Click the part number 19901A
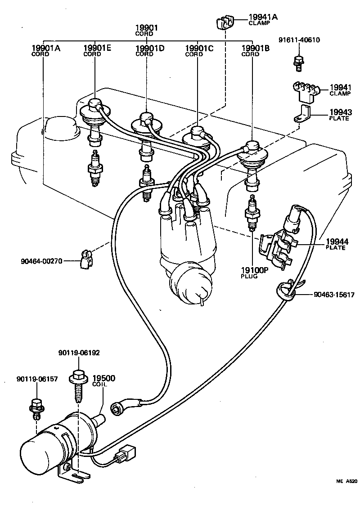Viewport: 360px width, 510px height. click(x=45, y=48)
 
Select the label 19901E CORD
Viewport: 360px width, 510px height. click(x=97, y=50)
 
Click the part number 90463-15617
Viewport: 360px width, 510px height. click(x=334, y=295)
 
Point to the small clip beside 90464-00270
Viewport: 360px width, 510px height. click(x=85, y=260)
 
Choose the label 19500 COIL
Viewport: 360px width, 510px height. click(x=103, y=380)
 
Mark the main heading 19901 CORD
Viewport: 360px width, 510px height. click(x=147, y=30)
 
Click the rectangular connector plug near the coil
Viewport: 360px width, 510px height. click(x=126, y=454)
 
